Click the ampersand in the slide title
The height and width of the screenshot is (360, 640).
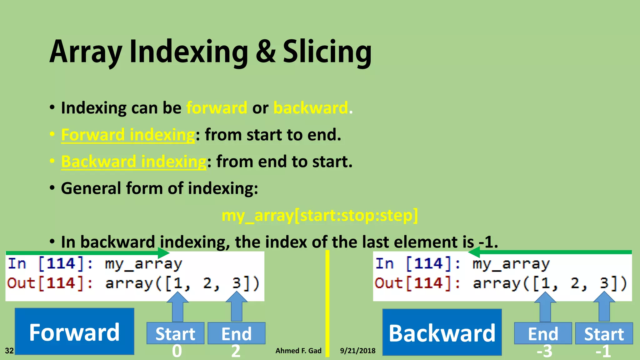click(266, 52)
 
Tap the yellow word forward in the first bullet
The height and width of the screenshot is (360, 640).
click(217, 108)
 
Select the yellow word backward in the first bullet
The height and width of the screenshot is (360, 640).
click(311, 108)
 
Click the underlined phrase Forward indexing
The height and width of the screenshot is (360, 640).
click(128, 135)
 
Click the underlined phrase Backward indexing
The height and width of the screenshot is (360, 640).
click(134, 162)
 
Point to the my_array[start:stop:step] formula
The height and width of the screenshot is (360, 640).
click(320, 216)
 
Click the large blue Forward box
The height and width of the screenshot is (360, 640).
click(74, 332)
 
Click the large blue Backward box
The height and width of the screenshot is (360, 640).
click(442, 332)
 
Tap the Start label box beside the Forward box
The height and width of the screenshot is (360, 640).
click(175, 333)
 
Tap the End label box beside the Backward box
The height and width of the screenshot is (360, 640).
click(543, 333)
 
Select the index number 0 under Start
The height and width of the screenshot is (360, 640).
click(177, 351)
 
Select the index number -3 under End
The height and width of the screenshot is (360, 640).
click(544, 352)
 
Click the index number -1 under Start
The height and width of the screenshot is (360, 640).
click(603, 352)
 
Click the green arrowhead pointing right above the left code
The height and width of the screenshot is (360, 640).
click(164, 252)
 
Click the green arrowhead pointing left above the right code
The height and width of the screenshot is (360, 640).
click(474, 252)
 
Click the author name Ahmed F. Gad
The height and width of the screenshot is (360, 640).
click(298, 351)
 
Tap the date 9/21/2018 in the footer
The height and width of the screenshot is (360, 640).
click(357, 351)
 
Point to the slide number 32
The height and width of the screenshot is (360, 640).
click(9, 351)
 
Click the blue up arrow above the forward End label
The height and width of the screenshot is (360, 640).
click(237, 306)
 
